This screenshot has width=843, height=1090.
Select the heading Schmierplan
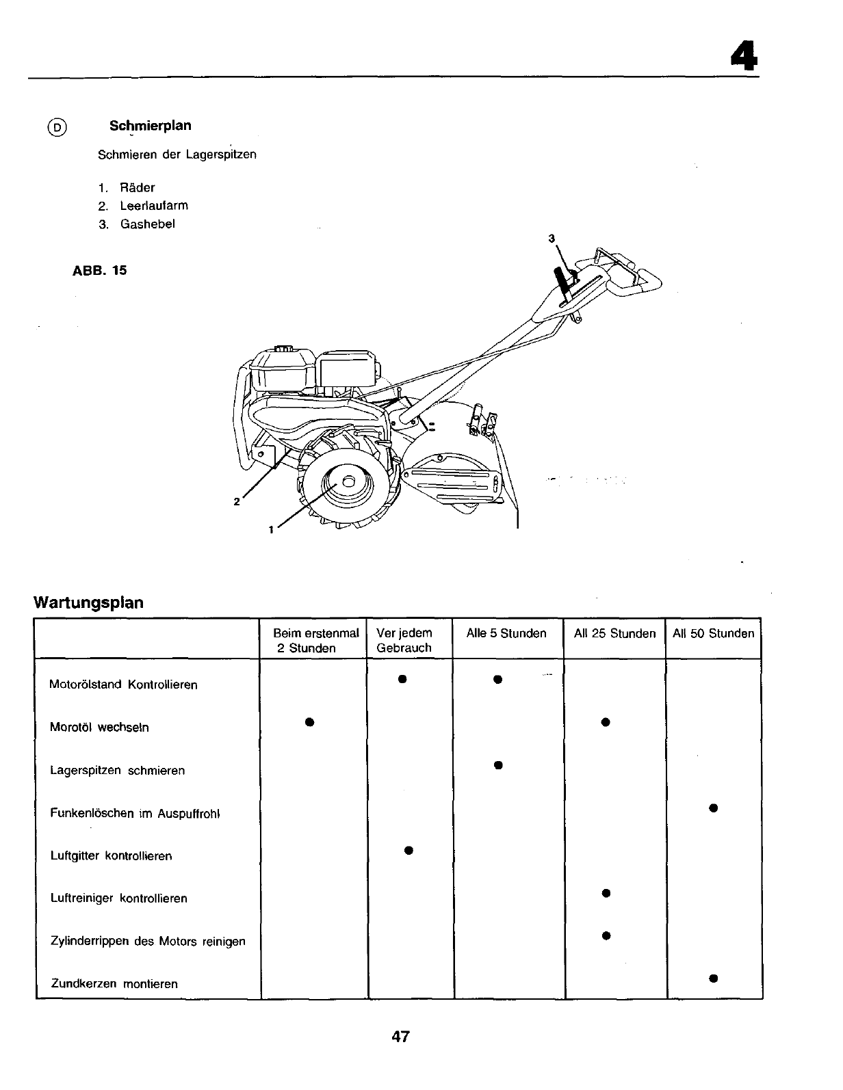pos(150,126)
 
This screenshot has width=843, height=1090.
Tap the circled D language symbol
pos(58,128)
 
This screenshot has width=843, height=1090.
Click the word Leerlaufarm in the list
pos(154,206)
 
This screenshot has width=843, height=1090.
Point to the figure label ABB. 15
pos(99,271)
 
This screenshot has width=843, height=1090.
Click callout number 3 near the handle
pos(551,239)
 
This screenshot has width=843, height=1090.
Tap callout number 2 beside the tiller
pos(236,502)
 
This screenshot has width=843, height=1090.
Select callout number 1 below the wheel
pos(272,529)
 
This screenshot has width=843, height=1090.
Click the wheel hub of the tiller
pos(348,482)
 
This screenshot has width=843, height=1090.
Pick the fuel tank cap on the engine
pos(280,349)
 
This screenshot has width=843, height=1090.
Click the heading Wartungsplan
pos(89,603)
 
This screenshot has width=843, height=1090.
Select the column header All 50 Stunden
pos(713,634)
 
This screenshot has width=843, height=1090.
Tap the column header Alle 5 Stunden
pos(506,634)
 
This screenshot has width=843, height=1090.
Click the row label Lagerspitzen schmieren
pos(118,771)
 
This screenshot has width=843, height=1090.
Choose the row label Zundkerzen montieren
pos(114,984)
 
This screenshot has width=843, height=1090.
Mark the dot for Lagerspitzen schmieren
pos(498,765)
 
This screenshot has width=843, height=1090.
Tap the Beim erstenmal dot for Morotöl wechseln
pos(309,722)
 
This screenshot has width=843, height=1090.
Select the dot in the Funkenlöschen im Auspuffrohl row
pos(713,808)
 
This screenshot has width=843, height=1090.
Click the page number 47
pos(401,1037)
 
